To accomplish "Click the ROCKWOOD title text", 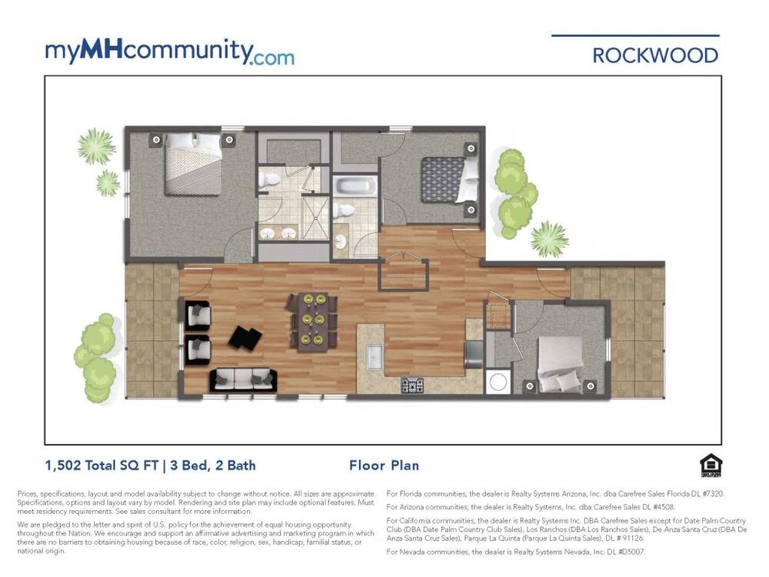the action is pos(655,55).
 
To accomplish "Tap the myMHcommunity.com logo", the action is pos(170,52).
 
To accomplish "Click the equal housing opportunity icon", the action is pos(711,466).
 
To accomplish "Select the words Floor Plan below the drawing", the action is pos(384,465).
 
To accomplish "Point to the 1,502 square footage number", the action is pos(63,465).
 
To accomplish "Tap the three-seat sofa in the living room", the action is pos(243,380).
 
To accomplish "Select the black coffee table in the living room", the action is pos(245,338).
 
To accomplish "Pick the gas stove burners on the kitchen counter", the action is pos(412,385).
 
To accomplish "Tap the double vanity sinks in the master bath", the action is pos(278,234).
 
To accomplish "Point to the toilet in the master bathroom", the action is pos(268,180).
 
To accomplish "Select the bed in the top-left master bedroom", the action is pos(193,164).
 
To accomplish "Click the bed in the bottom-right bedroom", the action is pos(561,364).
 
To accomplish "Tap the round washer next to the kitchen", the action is pos(498,382).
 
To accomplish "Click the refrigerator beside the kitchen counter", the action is pos(474,354).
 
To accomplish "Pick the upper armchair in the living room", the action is pos(198,315).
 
